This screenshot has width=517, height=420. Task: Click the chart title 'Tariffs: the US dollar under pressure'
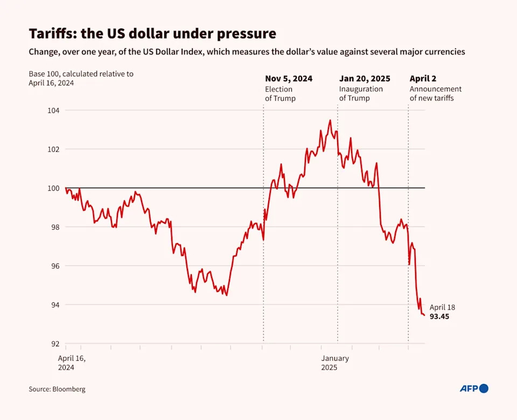tap(152, 34)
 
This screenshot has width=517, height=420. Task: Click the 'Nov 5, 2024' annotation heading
tap(288, 79)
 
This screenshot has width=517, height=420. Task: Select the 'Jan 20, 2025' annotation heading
tap(365, 79)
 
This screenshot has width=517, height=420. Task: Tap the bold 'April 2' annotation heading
tap(423, 79)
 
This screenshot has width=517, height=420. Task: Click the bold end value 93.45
tap(439, 317)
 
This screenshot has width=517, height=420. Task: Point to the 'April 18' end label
tap(442, 308)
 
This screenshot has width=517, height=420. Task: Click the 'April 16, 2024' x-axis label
tap(72, 363)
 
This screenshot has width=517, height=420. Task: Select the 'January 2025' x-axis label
tap(335, 363)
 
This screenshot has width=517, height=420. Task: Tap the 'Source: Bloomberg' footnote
tap(57, 389)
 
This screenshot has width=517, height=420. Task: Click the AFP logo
tap(473, 388)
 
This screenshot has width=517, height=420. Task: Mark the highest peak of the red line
tap(330, 120)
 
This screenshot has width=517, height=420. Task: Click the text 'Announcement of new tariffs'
tap(435, 94)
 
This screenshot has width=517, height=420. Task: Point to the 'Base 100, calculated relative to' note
tap(81, 74)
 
